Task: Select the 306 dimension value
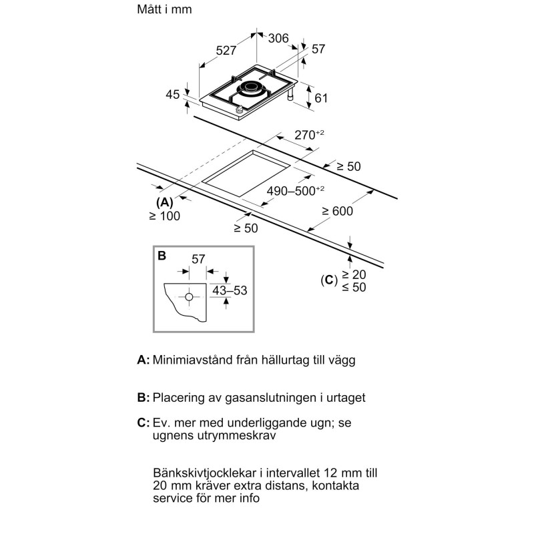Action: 278,39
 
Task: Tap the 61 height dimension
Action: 321,98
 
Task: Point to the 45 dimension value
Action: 172,94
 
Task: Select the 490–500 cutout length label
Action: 294,190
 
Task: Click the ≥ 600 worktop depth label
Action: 337,211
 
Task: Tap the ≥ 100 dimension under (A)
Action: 165,216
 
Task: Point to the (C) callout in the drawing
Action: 328,280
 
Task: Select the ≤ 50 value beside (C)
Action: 356,287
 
